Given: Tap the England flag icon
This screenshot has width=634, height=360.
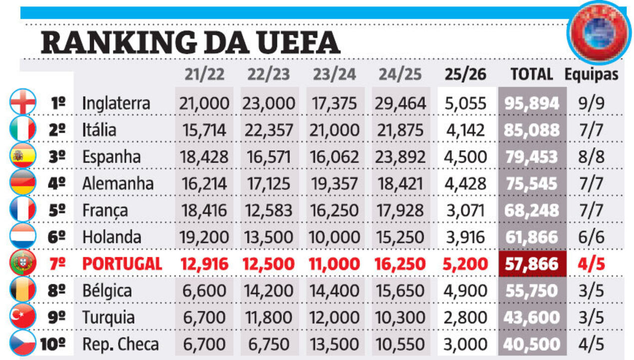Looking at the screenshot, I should (x=23, y=102).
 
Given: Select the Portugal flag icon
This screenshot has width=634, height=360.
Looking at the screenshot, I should (x=23, y=263).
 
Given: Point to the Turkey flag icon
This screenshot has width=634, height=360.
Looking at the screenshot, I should (x=23, y=317).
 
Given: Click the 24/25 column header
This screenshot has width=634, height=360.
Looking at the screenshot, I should (x=400, y=74).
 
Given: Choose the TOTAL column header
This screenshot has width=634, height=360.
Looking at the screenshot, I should (x=532, y=74).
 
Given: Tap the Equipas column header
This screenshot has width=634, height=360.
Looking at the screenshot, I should (x=592, y=74).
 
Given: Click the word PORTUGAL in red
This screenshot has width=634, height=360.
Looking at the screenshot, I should (x=122, y=263).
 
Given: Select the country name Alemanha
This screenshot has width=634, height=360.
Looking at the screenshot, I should (x=118, y=183).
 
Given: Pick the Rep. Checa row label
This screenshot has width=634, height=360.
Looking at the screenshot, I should (x=120, y=344).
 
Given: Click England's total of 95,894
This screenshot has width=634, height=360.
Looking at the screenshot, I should (x=532, y=103).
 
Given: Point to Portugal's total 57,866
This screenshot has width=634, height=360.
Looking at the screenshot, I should (x=532, y=263).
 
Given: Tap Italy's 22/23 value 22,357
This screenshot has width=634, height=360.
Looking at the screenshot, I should (x=269, y=130).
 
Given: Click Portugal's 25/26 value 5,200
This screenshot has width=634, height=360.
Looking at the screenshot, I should (x=466, y=263).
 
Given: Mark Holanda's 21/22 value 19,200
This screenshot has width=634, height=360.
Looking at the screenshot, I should (x=203, y=237).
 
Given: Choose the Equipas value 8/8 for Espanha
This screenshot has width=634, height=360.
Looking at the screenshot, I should (x=592, y=156).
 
